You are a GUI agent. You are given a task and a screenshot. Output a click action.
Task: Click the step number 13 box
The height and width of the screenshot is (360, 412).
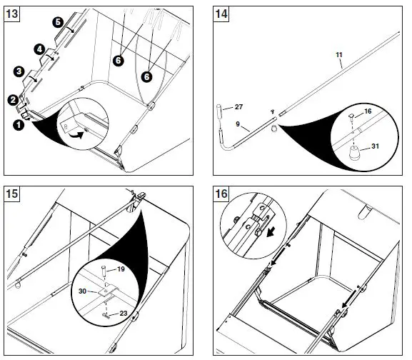click(x=12, y=14)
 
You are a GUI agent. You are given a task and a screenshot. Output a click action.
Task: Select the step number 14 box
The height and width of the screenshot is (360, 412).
click(x=221, y=14)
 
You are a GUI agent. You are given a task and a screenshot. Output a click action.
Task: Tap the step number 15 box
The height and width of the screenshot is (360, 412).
click(x=12, y=194)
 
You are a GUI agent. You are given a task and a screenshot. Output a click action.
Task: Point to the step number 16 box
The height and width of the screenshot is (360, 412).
click(x=221, y=194)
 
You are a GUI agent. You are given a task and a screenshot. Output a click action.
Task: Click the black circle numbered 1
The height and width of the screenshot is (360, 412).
click(x=19, y=125)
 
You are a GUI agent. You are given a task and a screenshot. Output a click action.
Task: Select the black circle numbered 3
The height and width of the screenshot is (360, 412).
click(x=19, y=71)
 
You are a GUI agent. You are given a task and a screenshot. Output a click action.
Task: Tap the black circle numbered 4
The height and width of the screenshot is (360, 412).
click(x=39, y=49)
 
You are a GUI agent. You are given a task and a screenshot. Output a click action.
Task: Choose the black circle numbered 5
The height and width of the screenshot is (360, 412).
click(x=58, y=22)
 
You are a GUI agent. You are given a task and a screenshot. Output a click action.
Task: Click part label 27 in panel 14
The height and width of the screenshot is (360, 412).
click(x=238, y=107)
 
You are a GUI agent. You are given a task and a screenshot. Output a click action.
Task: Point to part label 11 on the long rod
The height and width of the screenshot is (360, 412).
click(x=339, y=55)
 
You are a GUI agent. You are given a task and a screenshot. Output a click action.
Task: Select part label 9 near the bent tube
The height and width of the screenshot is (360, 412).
click(x=238, y=124)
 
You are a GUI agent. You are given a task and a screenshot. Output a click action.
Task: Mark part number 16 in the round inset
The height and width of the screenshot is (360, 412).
click(x=368, y=111)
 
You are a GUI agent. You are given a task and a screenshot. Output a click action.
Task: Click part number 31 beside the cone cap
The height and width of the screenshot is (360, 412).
click(x=375, y=146)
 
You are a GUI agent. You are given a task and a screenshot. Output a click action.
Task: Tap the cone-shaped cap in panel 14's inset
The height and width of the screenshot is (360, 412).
click(x=354, y=153)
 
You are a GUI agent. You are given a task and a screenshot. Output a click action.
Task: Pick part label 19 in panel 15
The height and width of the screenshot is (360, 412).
click(x=121, y=269)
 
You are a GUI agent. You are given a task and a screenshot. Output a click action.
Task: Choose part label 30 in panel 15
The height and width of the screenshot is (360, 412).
click(x=83, y=291)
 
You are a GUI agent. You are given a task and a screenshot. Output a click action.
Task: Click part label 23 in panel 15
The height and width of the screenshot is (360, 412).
click(x=124, y=314)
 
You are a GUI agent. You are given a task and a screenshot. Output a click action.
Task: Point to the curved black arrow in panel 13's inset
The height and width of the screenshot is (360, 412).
click(x=76, y=136)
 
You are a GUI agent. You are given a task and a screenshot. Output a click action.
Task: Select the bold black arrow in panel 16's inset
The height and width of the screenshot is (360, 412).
click(x=271, y=232)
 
